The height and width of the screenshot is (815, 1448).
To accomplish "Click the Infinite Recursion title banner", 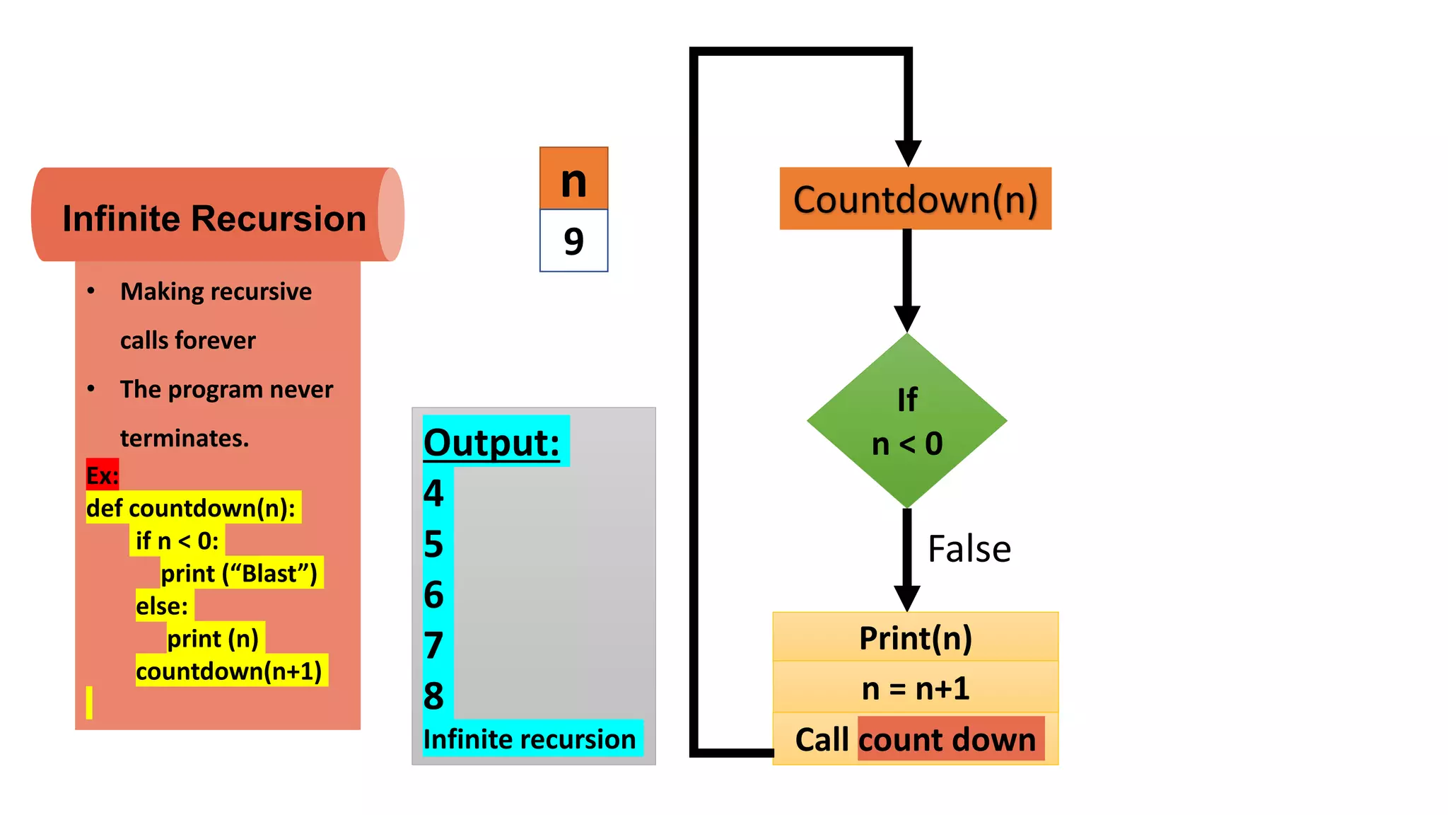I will [x=214, y=217].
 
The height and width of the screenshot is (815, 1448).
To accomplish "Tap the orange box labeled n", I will [x=573, y=179].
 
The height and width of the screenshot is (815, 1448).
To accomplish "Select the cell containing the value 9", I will [x=573, y=241].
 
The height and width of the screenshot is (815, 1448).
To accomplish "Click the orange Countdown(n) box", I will [x=915, y=199].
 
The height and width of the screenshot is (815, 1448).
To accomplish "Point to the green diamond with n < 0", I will [x=907, y=421].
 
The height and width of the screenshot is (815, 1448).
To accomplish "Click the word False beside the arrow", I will [x=969, y=549].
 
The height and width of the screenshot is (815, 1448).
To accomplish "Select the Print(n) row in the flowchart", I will [x=915, y=637].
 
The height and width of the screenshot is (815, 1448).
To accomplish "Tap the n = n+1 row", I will [x=915, y=688].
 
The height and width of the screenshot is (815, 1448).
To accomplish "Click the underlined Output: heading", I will [x=492, y=443].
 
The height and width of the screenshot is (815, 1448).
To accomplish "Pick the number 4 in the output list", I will [x=433, y=493].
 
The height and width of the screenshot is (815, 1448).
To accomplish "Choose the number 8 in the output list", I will [x=433, y=696].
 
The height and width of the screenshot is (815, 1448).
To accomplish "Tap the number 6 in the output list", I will [x=433, y=595].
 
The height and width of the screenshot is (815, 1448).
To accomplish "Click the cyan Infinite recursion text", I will [x=530, y=739].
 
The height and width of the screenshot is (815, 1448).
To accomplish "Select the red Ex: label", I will [x=103, y=475].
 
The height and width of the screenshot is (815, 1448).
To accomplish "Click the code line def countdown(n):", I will [x=191, y=508].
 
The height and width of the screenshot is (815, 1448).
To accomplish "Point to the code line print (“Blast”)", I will [x=239, y=573].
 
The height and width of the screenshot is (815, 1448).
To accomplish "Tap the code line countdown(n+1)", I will [x=229, y=671].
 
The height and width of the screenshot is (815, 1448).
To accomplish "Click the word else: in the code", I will [x=163, y=606].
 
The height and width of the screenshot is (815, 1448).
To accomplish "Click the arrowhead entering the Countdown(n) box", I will [x=908, y=153].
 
